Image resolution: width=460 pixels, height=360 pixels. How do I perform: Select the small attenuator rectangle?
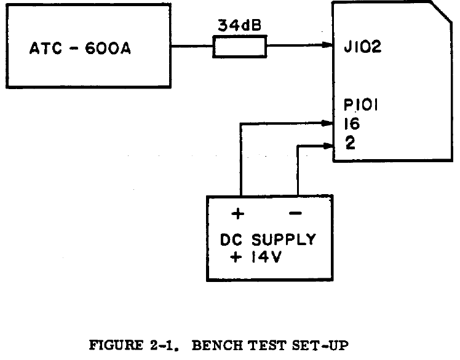pyautogui.click(x=240, y=45)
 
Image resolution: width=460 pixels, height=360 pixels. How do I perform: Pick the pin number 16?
pyautogui.click(x=353, y=124)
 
